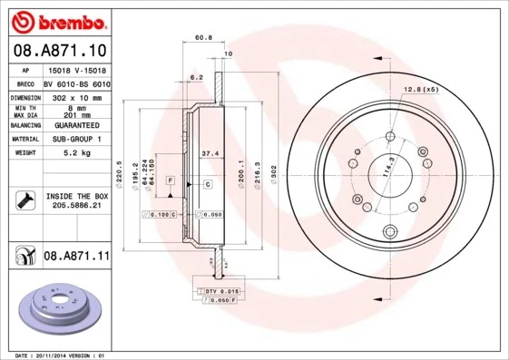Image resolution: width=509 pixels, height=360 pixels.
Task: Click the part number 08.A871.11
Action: pos(76,258)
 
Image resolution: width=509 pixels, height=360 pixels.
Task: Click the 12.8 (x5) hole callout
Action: pos(419,88)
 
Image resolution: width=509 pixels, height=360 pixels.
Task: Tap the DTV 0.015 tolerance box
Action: pos(216,289)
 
